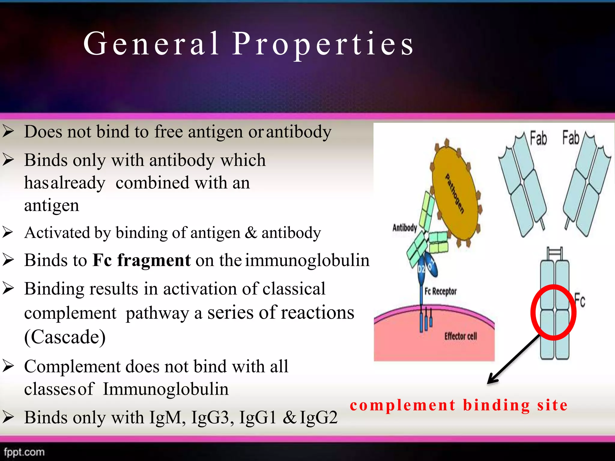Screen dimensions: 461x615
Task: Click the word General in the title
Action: pyautogui.click(x=152, y=44)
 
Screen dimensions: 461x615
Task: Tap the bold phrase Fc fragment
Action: pyautogui.click(x=141, y=260)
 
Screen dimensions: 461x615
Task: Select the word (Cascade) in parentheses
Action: pyautogui.click(x=65, y=337)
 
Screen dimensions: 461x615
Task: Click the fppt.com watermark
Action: pyautogui.click(x=24, y=452)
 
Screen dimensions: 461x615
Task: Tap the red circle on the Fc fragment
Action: pyautogui.click(x=553, y=312)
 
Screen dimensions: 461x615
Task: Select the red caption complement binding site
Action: pyautogui.click(x=459, y=405)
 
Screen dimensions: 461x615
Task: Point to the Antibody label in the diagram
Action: pyautogui.click(x=404, y=228)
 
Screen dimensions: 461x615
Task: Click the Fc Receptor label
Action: pyautogui.click(x=440, y=291)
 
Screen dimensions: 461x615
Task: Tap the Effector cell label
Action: pyautogui.click(x=460, y=336)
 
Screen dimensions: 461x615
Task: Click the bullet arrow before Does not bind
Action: pyautogui.click(x=8, y=131)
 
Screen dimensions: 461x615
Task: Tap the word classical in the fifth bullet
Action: pyautogui.click(x=294, y=289)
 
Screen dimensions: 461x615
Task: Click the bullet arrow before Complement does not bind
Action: pyautogui.click(x=8, y=366)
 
